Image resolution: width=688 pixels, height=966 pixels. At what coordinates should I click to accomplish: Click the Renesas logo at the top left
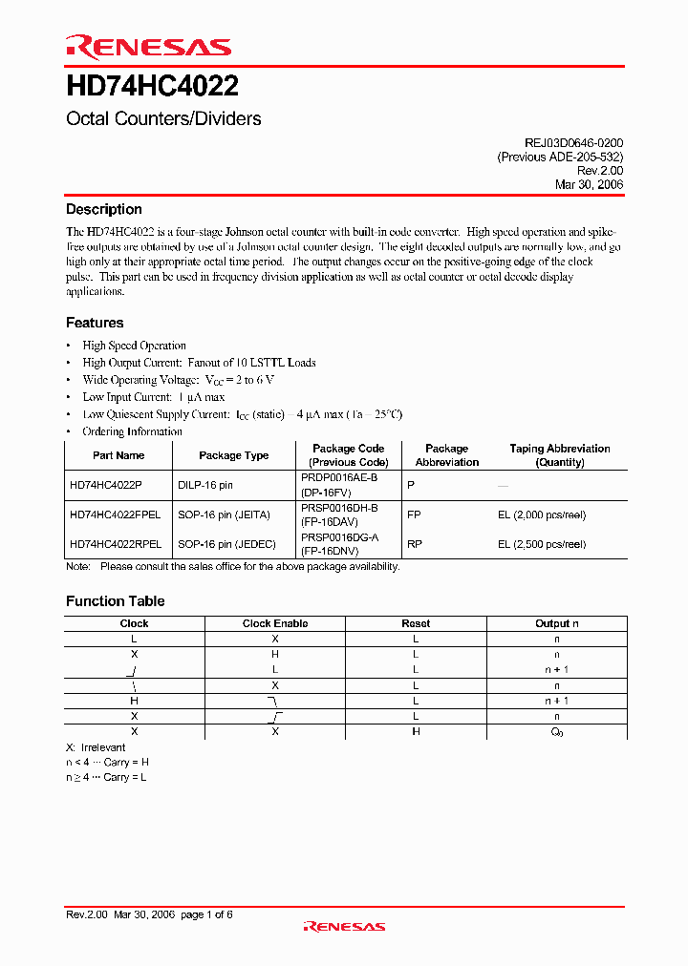click(x=147, y=47)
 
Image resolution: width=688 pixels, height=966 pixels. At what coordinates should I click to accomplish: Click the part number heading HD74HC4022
click(x=152, y=88)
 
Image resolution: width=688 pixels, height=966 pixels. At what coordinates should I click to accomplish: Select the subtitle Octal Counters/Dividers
click(x=163, y=119)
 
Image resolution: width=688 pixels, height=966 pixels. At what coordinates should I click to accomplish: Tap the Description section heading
click(x=103, y=210)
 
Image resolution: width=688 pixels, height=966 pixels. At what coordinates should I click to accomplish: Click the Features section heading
click(x=95, y=323)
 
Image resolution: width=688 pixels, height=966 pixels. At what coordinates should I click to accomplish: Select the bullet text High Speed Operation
click(x=134, y=346)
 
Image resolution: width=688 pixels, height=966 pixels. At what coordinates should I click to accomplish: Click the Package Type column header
click(x=233, y=455)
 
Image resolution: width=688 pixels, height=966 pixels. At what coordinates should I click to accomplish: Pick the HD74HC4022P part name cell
click(x=105, y=485)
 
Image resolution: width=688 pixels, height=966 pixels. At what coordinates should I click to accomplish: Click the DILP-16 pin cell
click(x=204, y=485)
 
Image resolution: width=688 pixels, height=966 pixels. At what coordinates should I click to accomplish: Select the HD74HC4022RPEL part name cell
click(x=115, y=544)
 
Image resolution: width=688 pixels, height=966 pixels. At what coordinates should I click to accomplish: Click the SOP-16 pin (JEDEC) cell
click(x=226, y=544)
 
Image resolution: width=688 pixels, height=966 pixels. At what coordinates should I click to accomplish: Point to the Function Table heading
click(x=115, y=601)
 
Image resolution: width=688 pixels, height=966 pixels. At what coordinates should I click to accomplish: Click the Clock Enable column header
click(x=274, y=623)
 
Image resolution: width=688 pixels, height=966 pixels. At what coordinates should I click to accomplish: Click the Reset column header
click(x=416, y=623)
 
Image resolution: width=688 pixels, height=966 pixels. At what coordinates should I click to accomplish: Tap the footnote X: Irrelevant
click(x=96, y=747)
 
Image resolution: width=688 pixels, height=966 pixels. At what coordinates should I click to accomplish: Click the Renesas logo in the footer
click(x=344, y=926)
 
